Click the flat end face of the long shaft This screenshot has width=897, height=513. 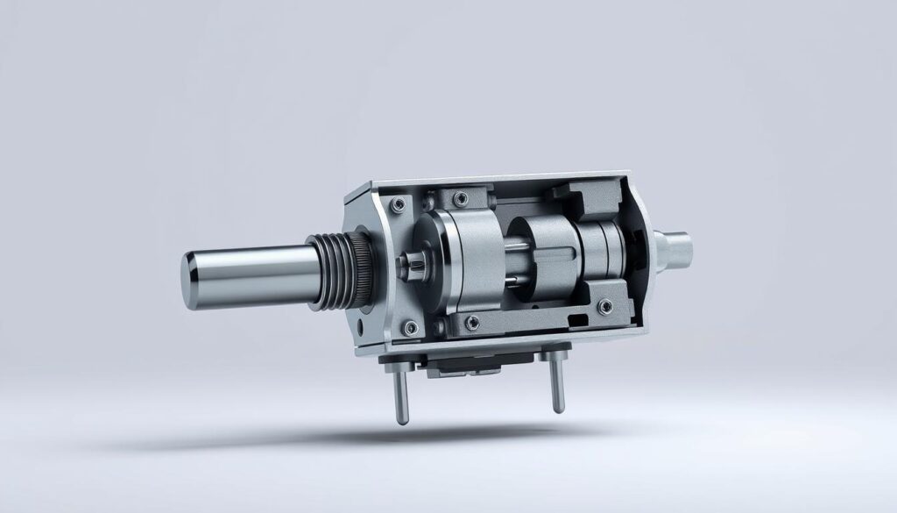[x=194, y=280]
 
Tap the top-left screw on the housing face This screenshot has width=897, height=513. [x=399, y=203]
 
